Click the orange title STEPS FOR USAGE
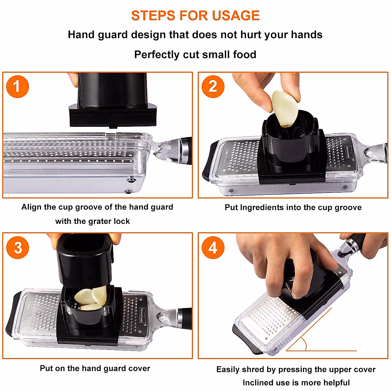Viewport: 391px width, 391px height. pos(195,16)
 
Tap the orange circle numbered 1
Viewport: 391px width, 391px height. pos(18,87)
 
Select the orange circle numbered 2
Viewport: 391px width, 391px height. pos(213,87)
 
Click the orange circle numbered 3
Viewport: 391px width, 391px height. pos(18,248)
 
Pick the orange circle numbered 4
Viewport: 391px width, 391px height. pos(213,248)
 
